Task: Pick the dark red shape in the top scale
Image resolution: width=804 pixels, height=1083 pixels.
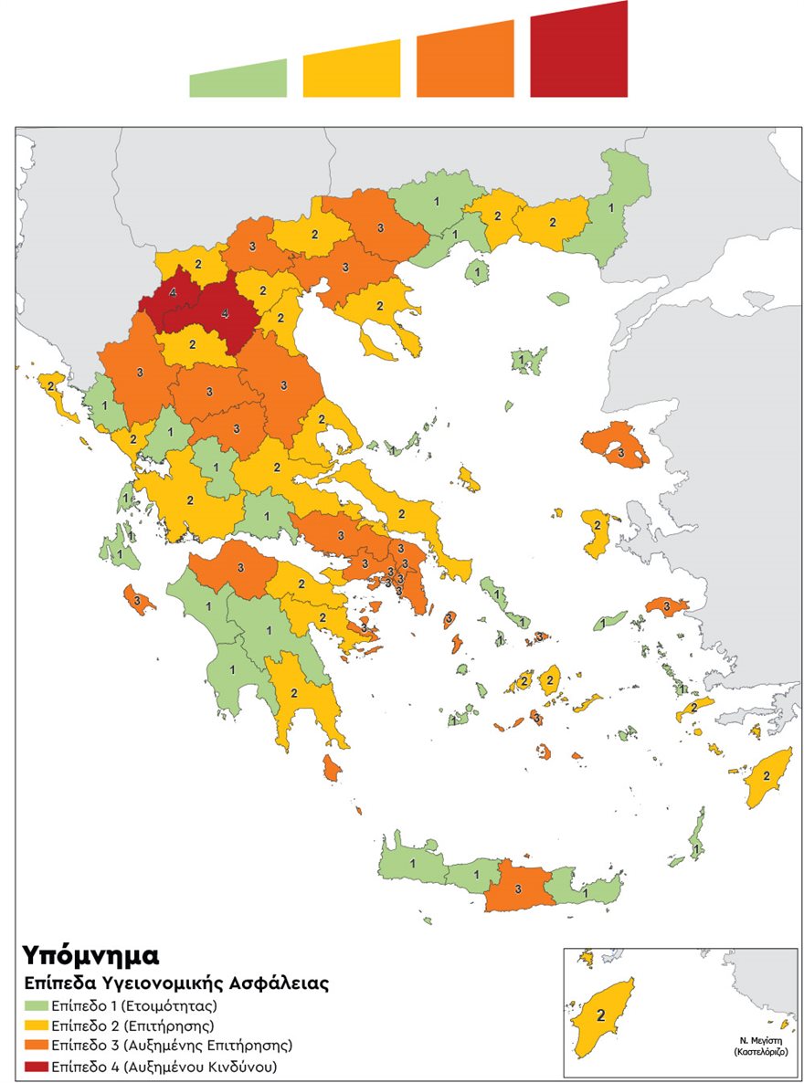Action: (x=579, y=51)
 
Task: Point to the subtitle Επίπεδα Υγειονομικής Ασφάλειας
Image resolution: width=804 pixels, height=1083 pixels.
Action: (x=175, y=984)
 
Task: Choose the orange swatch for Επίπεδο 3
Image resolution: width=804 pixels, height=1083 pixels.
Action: (x=35, y=1046)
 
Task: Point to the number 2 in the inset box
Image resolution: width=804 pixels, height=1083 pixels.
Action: (x=601, y=1015)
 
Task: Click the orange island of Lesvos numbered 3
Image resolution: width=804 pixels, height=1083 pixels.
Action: (x=618, y=447)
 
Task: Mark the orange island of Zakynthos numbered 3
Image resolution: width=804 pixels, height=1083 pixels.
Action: (x=137, y=601)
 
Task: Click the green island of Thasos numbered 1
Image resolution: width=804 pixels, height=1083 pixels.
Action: (x=475, y=270)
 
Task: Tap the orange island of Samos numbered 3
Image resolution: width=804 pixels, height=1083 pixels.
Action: (x=666, y=606)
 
